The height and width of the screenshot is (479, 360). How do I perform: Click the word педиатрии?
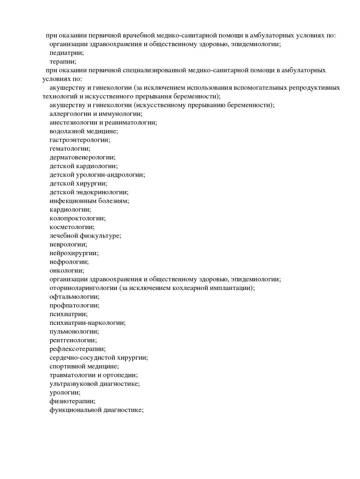tap(66, 53)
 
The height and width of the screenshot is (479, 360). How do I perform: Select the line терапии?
tap(63, 62)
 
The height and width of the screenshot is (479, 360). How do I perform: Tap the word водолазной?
tap(68, 131)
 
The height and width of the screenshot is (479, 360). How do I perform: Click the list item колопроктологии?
tap(78, 218)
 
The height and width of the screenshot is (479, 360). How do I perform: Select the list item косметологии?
tap(72, 227)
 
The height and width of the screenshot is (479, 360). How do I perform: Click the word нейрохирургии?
tap(74, 253)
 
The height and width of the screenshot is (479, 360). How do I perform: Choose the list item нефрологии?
tap(69, 262)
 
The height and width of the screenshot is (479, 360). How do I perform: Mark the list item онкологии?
tap(67, 271)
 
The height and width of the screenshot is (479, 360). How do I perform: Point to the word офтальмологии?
tap(74, 297)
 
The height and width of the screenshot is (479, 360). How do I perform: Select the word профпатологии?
tap(74, 305)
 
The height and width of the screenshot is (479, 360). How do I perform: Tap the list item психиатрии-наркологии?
tap(88, 323)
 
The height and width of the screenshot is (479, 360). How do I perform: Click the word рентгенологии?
tap(73, 340)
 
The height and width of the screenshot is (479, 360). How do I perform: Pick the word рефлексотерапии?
tap(78, 349)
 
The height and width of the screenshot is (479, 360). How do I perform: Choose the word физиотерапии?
tap(72, 401)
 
